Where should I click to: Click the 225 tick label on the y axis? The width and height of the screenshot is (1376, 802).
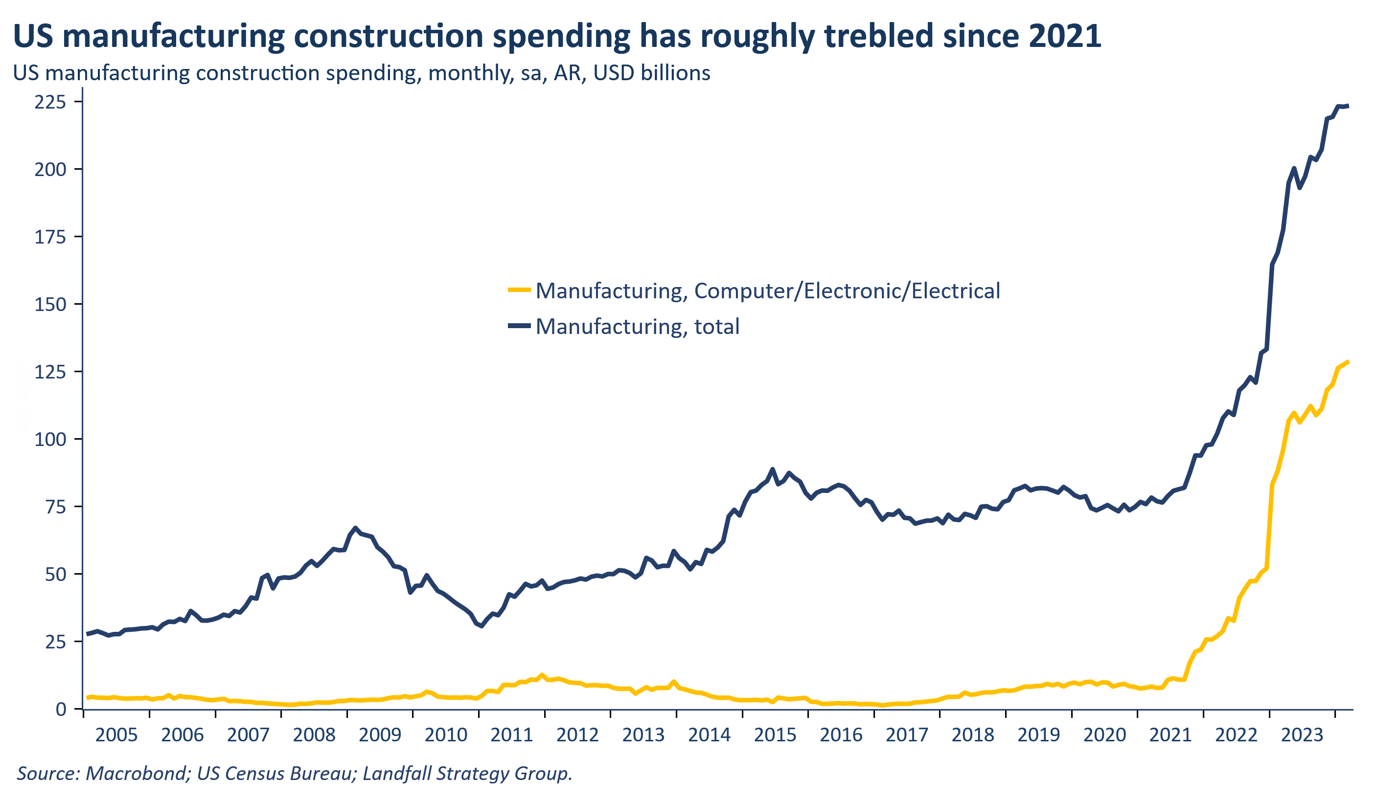click(x=50, y=102)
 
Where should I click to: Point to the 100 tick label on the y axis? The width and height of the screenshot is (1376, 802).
click(x=50, y=439)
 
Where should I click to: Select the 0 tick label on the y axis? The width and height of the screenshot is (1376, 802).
click(x=61, y=709)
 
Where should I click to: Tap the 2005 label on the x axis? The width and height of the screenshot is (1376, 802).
click(x=116, y=735)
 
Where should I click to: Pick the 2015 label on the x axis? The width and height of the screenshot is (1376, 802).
click(x=776, y=735)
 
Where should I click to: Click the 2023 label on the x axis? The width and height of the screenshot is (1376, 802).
click(x=1302, y=735)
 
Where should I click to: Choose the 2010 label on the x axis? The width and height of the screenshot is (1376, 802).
click(x=446, y=735)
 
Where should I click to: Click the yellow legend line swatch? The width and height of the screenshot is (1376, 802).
click(x=519, y=290)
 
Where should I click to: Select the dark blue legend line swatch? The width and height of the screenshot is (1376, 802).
click(x=519, y=326)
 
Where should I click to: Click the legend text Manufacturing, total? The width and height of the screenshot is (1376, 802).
click(x=637, y=326)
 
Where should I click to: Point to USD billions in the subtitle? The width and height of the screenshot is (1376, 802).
click(x=651, y=73)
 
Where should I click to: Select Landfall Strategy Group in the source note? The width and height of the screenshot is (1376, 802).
click(x=467, y=774)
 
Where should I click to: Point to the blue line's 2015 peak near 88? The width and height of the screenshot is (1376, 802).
click(x=772, y=469)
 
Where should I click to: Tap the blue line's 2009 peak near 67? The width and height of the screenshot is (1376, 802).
click(x=355, y=528)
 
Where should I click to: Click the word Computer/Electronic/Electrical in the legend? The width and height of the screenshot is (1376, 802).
click(x=847, y=291)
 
